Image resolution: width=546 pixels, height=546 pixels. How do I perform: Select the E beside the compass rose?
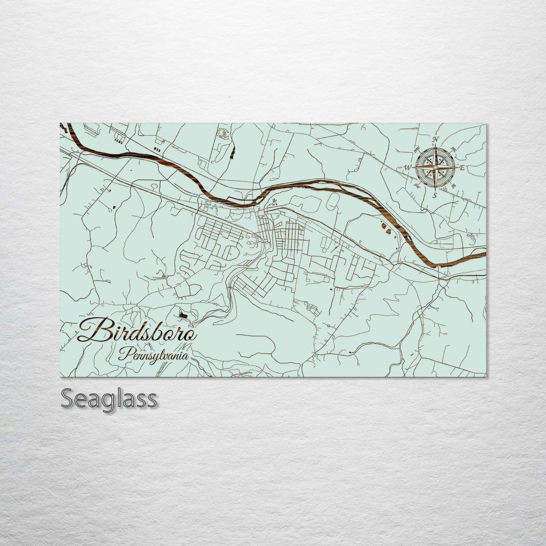[x=462, y=167]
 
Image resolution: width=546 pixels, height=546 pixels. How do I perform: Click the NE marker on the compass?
[x=453, y=150]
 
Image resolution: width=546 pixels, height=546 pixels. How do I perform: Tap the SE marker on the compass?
[x=453, y=185]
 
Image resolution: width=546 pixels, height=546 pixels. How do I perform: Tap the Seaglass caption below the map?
[x=109, y=399]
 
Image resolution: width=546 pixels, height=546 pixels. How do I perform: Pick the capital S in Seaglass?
[x=68, y=399]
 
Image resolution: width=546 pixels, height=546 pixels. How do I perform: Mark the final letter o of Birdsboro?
[x=191, y=334]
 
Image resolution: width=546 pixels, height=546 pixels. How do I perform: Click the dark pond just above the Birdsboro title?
[x=183, y=315]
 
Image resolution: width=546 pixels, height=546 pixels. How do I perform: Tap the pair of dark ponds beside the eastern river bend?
[x=386, y=229]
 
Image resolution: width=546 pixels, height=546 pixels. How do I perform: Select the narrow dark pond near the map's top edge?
[x=233, y=153]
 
